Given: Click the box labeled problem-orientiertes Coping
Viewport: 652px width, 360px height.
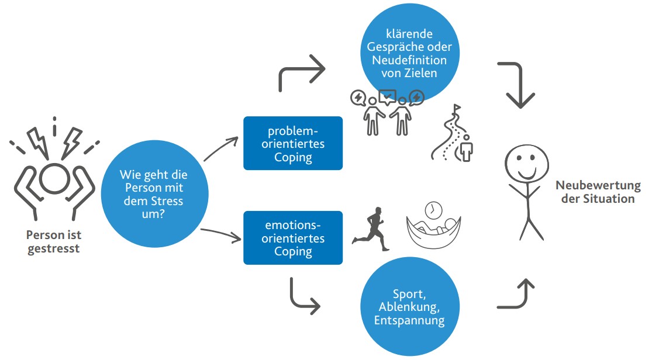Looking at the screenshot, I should click(292, 143).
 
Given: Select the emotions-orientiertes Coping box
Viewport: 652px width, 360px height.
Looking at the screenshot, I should click(292, 238).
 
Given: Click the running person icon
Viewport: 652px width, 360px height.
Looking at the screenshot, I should click(372, 229).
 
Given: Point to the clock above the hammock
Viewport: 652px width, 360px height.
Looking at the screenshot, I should click(433, 209).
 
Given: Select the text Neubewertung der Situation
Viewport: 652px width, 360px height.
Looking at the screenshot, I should click(598, 192).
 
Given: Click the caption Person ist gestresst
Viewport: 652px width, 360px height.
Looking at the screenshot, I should click(53, 241).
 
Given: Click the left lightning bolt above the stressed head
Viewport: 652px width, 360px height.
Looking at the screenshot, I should click(37, 140).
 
